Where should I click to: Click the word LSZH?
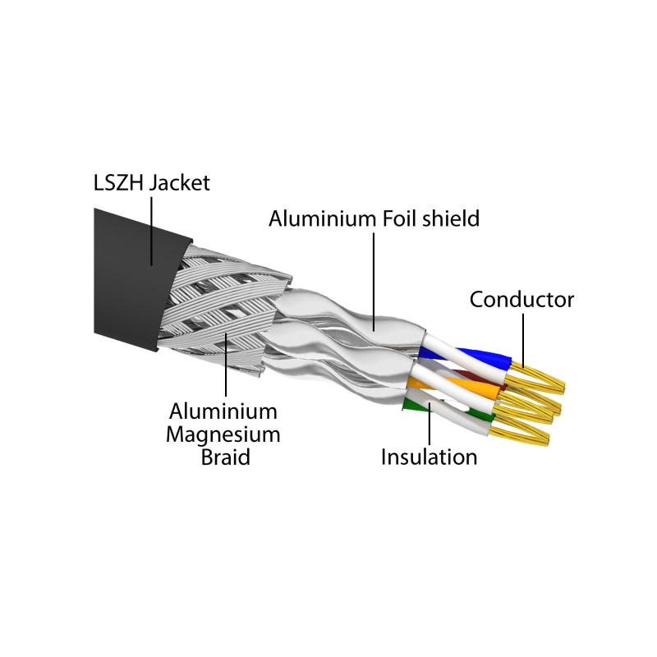coord(118,183)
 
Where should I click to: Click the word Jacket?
coord(180,183)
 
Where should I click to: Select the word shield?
coord(451,218)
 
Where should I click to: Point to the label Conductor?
coord(521,300)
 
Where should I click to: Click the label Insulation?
coord(429,457)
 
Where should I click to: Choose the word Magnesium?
coord(223,434)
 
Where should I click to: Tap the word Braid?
coord(225,457)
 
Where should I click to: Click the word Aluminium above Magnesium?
coord(223,411)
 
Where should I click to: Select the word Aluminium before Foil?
coord(322,218)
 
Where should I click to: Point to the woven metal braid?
coord(222,310)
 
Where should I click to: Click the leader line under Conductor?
coord(523,341)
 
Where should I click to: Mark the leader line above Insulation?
coord(430,424)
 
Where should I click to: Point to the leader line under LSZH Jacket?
coord(151,232)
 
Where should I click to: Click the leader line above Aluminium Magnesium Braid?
coord(226,365)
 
